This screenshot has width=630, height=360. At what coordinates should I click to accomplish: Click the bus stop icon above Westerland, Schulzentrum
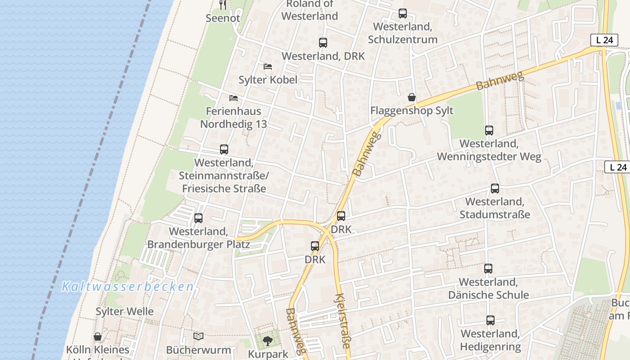pos(402,13)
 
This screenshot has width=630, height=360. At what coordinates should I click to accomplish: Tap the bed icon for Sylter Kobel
pos(268,67)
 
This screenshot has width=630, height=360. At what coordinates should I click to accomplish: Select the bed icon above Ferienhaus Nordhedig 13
pos(233,98)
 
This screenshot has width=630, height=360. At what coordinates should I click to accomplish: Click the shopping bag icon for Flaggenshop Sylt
pos(411,97)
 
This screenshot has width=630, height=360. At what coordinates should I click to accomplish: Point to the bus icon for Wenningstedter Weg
pos(489,130)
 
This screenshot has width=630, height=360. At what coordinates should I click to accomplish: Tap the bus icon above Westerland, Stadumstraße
pos(495,189)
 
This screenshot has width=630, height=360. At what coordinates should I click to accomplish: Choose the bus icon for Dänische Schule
pos(488,269)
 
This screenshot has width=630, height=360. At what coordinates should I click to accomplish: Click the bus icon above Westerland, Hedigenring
pos(490,320)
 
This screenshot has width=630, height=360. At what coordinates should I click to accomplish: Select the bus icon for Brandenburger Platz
pos(198,218)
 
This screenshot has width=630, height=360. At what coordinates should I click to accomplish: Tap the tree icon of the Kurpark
pos(268,341)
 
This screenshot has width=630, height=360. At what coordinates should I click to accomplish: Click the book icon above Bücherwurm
pos(198,336)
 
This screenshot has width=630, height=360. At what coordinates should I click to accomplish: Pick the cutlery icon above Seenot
pos(223,5)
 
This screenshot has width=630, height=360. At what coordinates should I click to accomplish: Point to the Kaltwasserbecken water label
pos(128,287)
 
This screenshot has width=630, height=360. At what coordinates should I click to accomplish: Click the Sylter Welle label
pos(125,311)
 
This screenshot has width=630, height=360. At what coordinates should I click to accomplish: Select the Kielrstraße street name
pos(342,320)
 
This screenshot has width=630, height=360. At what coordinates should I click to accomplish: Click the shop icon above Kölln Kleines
pos(98,337)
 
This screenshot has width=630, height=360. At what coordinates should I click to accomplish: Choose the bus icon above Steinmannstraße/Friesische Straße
pos(224,149)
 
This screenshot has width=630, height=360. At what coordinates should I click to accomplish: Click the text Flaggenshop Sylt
pos(412,111)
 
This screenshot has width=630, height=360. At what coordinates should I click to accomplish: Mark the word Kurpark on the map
pos(268,354)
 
